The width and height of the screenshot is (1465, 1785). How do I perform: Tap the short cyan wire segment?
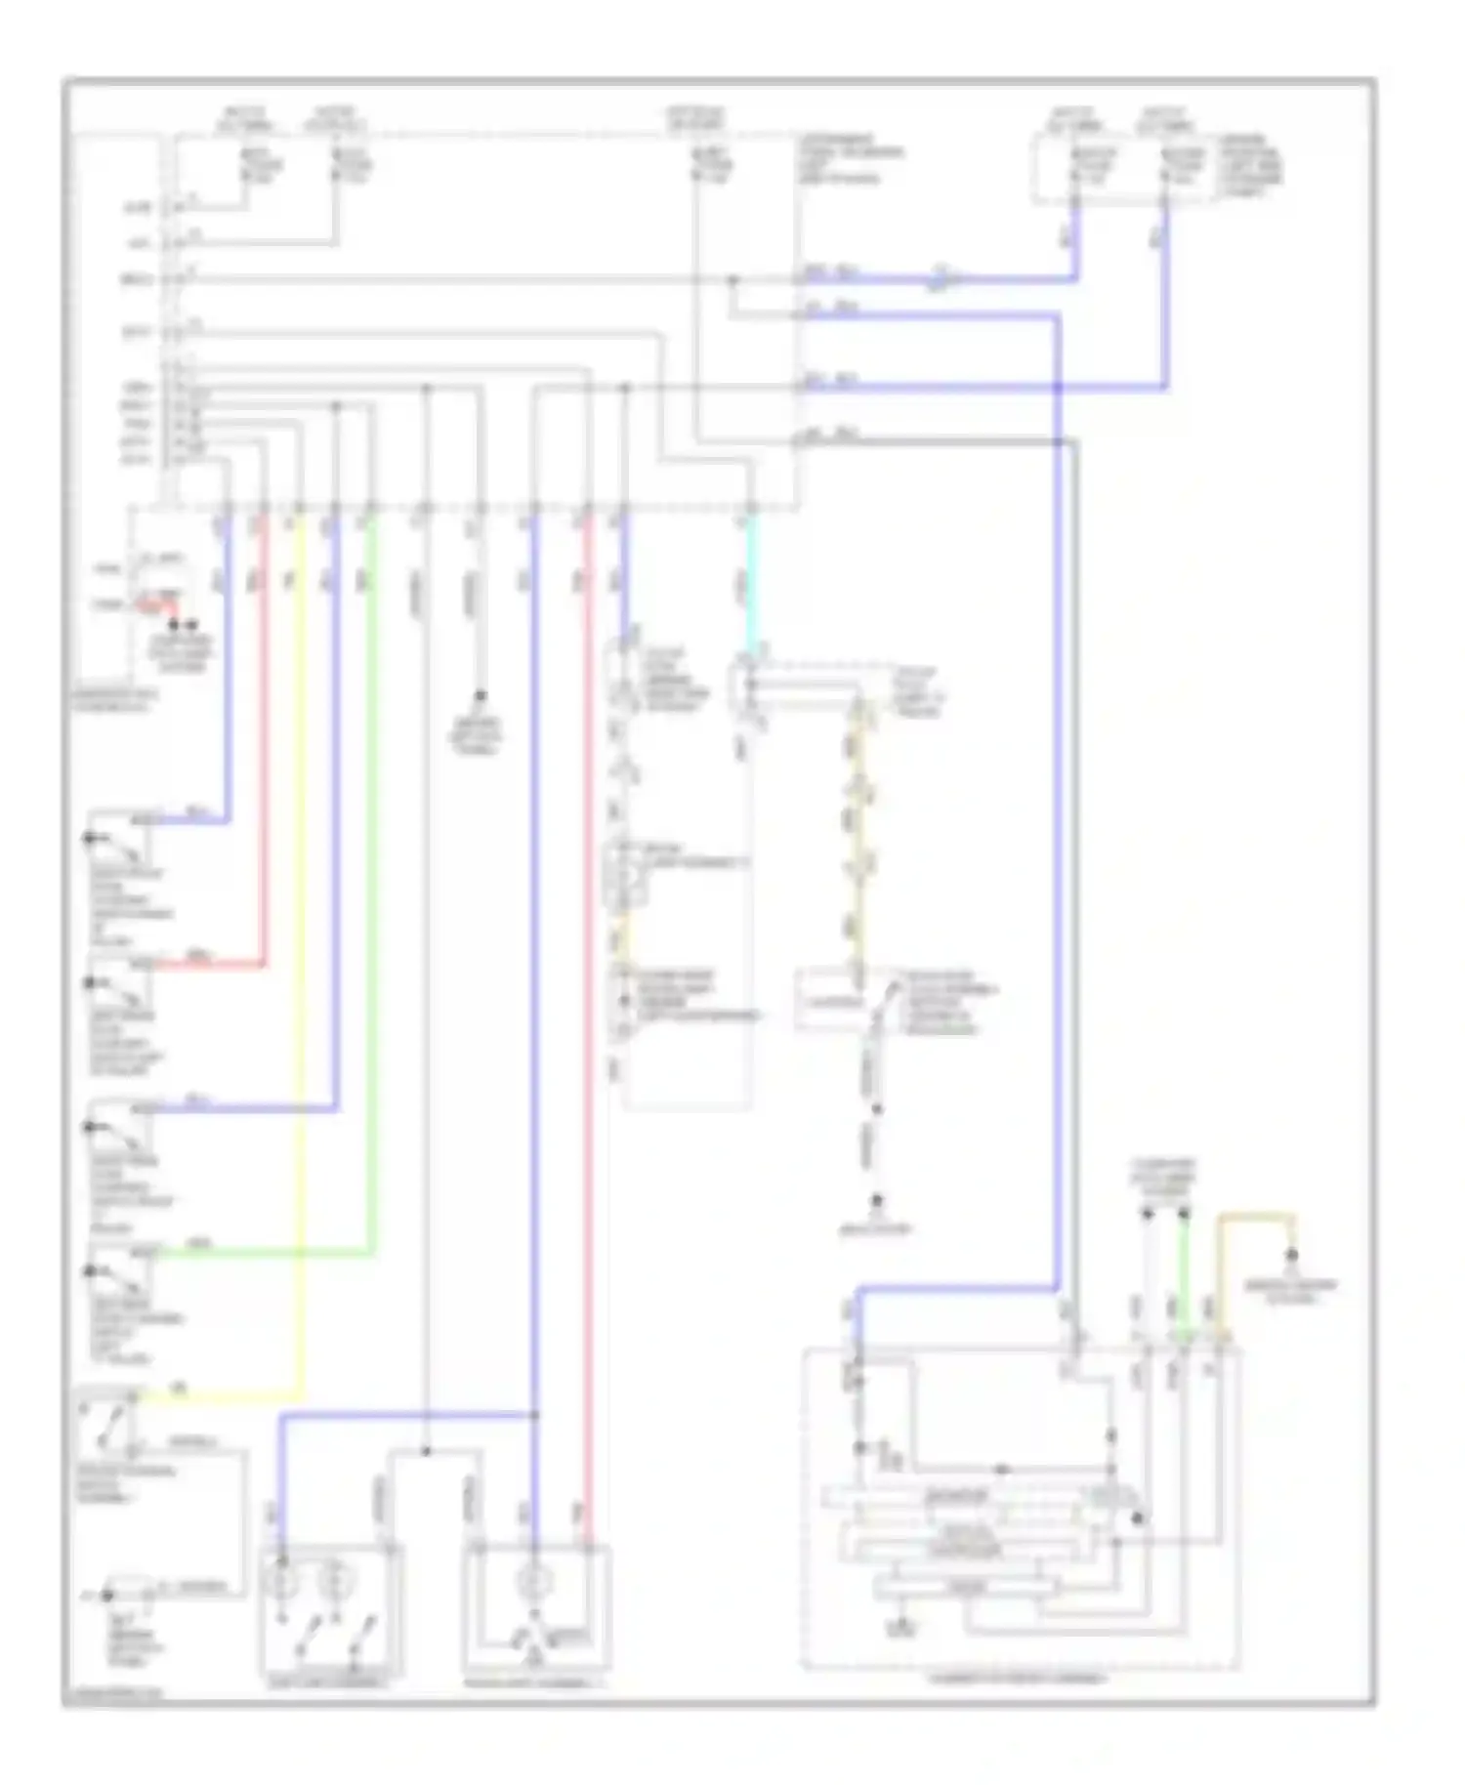(x=751, y=586)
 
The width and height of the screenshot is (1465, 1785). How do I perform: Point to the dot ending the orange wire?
(x=1292, y=1254)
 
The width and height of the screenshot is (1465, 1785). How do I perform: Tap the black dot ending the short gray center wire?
(x=480, y=696)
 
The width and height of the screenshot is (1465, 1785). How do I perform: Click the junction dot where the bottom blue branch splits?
(x=534, y=1415)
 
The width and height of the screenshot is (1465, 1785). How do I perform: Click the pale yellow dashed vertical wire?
(x=858, y=840)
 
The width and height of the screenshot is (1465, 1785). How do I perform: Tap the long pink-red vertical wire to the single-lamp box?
(x=588, y=976)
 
